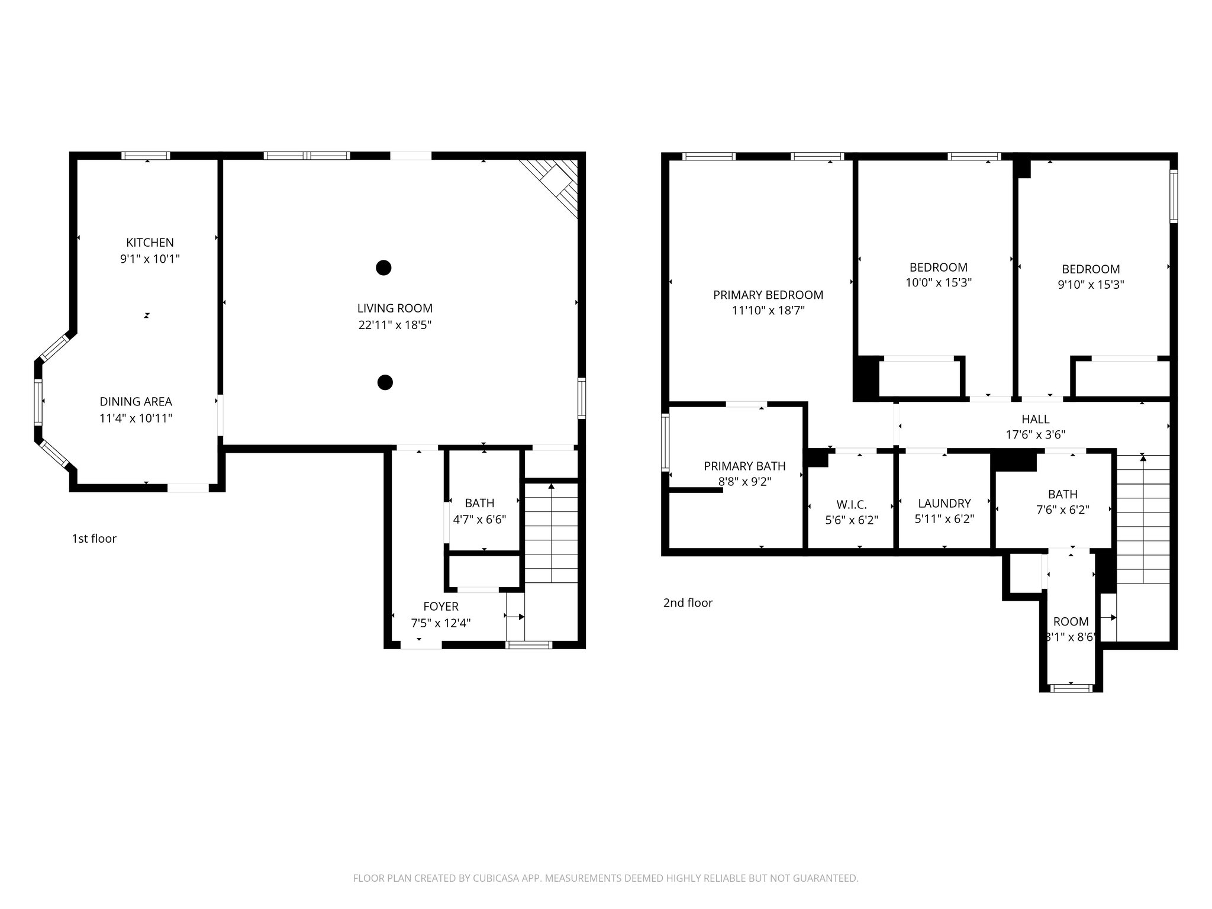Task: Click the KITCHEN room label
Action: click(x=150, y=243)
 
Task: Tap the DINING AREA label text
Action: click(x=136, y=402)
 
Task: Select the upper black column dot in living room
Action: click(x=383, y=268)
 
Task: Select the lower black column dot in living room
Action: click(x=385, y=383)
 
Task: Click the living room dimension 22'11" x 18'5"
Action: click(x=395, y=325)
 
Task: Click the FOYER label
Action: click(x=441, y=607)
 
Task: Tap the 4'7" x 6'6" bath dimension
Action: click(x=479, y=520)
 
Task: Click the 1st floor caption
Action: click(x=94, y=539)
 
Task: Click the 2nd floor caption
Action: click(x=688, y=603)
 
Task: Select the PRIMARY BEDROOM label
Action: click(x=768, y=295)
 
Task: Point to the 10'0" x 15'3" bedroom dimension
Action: click(x=939, y=283)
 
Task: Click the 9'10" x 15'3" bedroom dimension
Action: click(x=1091, y=285)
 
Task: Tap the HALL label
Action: click(x=1035, y=419)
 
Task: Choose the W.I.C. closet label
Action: click(x=852, y=505)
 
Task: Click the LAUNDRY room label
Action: click(x=944, y=503)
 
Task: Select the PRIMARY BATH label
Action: click(x=744, y=466)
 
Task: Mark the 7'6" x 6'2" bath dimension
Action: click(x=1062, y=510)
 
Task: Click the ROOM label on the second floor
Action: click(x=1071, y=621)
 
